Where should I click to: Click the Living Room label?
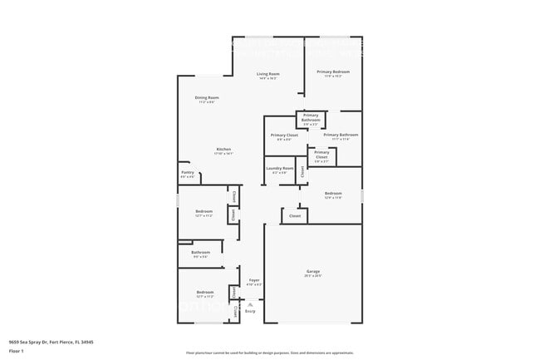[268, 74]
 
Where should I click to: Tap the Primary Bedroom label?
[333, 72]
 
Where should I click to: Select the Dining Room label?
[207, 97]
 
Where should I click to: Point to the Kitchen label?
[223, 149]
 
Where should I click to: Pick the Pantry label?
[188, 172]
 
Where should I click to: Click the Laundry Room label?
[280, 168]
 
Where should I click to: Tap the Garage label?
[313, 271]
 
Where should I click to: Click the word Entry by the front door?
[250, 311]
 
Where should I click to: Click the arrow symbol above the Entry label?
[250, 304]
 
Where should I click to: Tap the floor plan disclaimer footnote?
[270, 353]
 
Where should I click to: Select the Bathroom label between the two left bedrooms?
[200, 252]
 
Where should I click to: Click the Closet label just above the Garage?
[294, 215]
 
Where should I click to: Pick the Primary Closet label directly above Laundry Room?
[284, 135]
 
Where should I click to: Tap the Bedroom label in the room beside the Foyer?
[204, 292]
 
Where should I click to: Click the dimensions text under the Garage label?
[313, 275]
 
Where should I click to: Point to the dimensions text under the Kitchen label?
[223, 154]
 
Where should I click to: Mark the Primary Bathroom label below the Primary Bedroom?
[341, 135]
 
